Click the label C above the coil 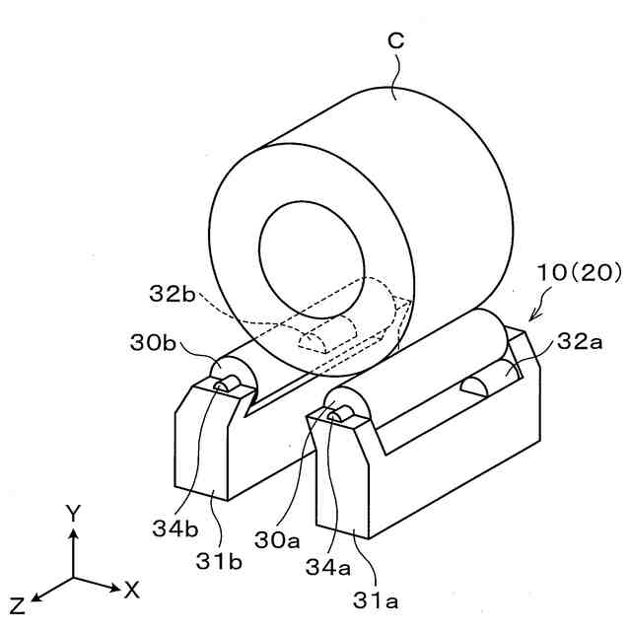[394, 41]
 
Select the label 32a [578, 343]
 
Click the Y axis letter [72, 512]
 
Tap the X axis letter [131, 590]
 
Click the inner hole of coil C [306, 253]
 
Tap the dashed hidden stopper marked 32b [321, 338]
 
